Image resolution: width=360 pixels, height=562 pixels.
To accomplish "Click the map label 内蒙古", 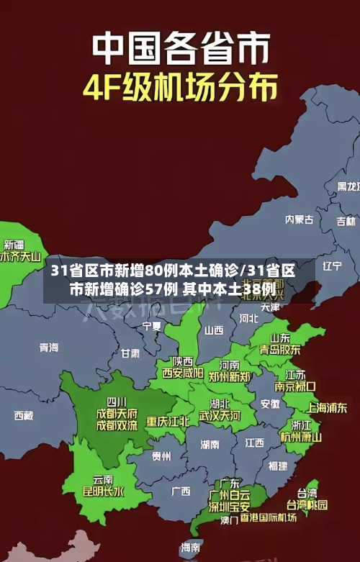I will click(x=299, y=199).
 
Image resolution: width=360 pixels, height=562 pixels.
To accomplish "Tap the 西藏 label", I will click(x=23, y=415).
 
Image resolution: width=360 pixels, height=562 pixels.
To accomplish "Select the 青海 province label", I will click(x=49, y=348).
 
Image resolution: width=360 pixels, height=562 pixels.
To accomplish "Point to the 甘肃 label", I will click(x=130, y=353).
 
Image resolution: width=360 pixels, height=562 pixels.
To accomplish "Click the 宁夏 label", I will click(x=152, y=326).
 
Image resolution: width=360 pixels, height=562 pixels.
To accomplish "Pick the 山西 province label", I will click(x=214, y=330).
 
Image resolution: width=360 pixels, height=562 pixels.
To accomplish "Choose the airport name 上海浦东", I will click(x=327, y=407).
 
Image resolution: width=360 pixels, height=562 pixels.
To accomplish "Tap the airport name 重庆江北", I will click(x=168, y=421).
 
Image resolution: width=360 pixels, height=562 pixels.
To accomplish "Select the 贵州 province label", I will click(x=161, y=456).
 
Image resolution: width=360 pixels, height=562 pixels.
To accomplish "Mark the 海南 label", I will click(x=190, y=548).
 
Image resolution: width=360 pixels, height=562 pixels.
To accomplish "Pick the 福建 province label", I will click(x=277, y=466).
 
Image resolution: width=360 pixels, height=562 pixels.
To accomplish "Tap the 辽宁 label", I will click(x=332, y=266).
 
